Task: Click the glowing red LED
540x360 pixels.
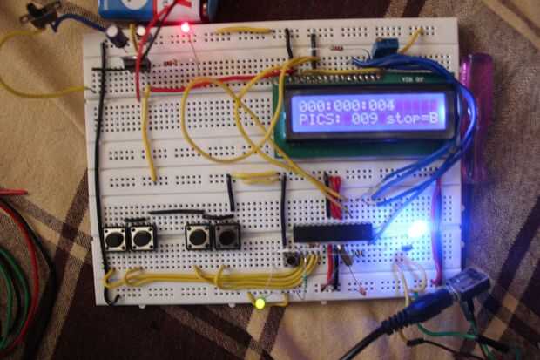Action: coord(186,28)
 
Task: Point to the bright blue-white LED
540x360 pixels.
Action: coord(419,230)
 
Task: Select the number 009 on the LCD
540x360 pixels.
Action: coord(365,119)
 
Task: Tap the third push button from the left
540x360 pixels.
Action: coord(198,236)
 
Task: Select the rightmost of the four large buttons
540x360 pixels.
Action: coord(226,236)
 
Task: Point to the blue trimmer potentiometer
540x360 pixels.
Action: coord(380,48)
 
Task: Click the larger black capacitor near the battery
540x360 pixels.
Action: coord(115,32)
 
